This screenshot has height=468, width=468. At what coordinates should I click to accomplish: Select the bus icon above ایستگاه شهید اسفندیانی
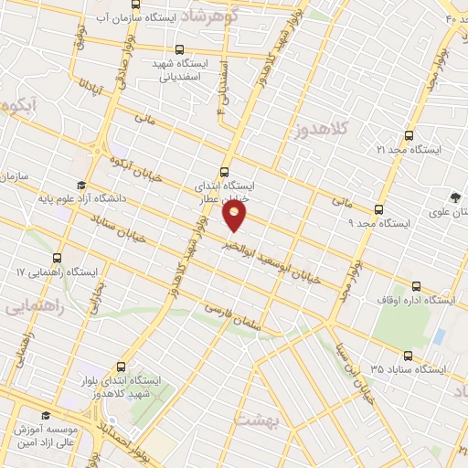178,50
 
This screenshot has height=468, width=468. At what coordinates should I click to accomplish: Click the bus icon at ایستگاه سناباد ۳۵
407,356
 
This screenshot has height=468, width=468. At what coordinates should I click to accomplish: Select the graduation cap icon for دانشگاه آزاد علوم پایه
82,184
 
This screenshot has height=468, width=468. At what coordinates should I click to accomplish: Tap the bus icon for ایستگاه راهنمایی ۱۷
58,259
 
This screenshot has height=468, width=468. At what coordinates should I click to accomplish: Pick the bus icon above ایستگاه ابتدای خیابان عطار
226,170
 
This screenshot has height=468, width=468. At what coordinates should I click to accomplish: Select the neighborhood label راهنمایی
29,306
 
